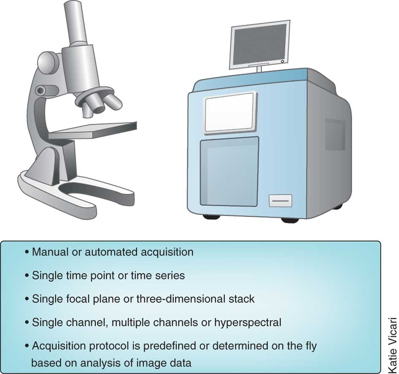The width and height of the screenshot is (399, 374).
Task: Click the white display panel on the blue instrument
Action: coord(230,112)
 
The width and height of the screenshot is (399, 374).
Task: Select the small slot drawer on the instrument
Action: coord(280,201)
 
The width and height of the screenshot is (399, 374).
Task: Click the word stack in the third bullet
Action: coord(243,299)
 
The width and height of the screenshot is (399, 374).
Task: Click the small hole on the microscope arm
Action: coord(40,90)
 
